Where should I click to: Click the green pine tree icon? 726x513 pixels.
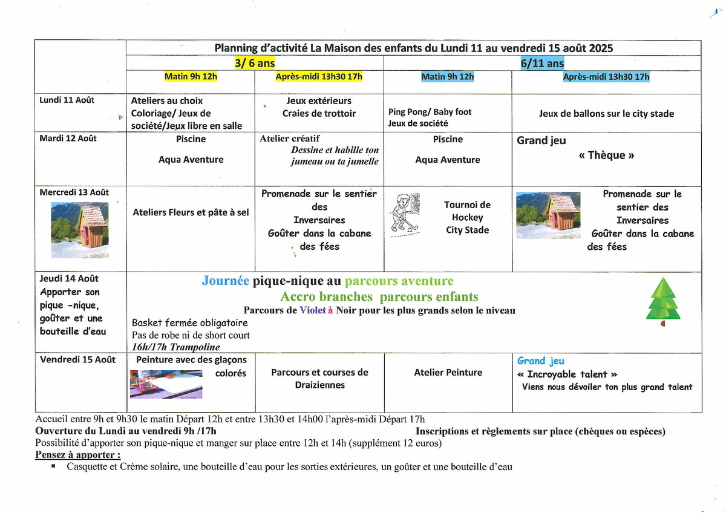coord(663,301)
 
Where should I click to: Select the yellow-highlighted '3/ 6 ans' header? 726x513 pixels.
coord(254,63)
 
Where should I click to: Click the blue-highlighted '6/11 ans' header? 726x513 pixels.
coord(542,63)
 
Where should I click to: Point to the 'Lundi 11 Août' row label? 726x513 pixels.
coord(67,100)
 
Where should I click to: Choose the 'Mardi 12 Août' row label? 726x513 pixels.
coord(68,139)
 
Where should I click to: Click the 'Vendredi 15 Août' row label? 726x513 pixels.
coord(77,359)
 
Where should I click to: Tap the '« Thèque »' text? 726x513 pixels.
coord(606,155)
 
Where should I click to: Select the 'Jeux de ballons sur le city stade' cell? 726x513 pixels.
coord(606,114)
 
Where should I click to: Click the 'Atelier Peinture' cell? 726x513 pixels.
coord(448,373)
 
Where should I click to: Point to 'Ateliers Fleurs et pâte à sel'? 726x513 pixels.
coord(191,212)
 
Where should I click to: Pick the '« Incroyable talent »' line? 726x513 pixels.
coord(567,374)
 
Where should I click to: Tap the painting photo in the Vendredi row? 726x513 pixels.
coord(166,385)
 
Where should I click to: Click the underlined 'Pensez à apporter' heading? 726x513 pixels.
coord(77,455)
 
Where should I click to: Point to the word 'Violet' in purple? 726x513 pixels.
coord(312,311)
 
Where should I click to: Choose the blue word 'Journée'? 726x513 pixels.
coord(225,281)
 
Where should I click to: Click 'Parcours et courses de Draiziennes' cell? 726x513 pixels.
coord(319,379)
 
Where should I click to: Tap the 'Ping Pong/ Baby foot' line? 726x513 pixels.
coord(430,112)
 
